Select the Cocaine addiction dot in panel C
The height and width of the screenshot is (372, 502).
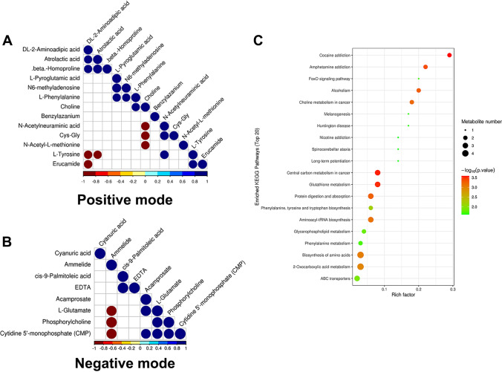pos(450,55)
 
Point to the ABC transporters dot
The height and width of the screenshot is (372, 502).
pos(357,278)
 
